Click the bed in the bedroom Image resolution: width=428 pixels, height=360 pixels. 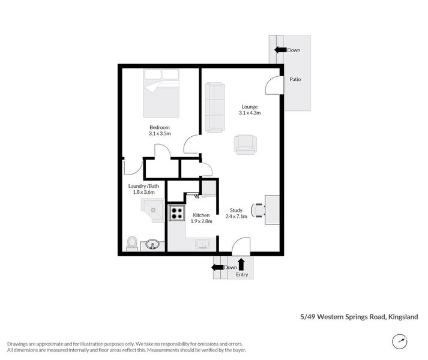[x=161, y=95]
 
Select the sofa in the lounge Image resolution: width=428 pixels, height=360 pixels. [x=214, y=107]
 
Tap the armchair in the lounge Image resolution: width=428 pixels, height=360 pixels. [x=245, y=144]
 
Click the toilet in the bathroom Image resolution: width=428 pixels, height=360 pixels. [x=132, y=243]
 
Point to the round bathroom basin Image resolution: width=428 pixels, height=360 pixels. [x=152, y=244]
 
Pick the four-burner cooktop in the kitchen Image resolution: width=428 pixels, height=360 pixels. [x=176, y=212]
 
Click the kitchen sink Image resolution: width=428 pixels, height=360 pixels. [x=203, y=244]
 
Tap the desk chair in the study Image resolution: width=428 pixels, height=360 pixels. [x=258, y=210]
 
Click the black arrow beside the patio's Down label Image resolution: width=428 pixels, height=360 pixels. [x=280, y=50]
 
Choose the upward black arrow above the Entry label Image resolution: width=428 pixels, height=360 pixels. [x=241, y=264]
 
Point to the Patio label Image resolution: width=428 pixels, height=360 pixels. [x=295, y=79]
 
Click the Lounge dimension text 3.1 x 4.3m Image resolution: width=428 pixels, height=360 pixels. [x=249, y=112]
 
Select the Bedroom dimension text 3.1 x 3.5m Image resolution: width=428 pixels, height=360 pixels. [x=160, y=134]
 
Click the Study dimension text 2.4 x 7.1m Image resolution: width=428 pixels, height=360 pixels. [x=235, y=217]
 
